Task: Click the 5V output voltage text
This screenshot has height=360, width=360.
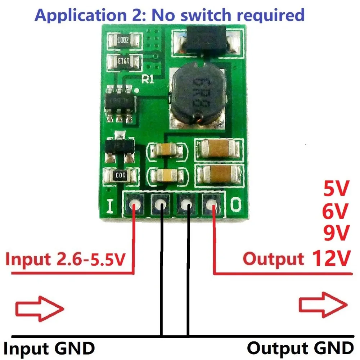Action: coord(336,190)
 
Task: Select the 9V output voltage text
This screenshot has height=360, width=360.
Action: coord(336,234)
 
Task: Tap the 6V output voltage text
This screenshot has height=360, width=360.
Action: coord(336,212)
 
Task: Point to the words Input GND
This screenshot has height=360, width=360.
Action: coord(49,348)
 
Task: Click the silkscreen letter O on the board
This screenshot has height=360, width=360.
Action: coord(235,205)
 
